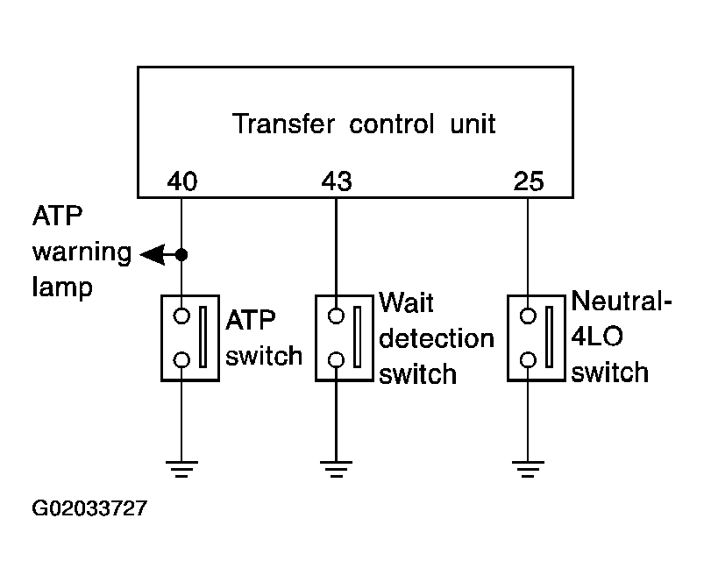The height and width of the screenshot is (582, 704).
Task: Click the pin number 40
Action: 181,181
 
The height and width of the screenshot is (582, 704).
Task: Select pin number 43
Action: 337,181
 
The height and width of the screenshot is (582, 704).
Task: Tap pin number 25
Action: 529,181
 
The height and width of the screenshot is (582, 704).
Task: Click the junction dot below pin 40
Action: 181,254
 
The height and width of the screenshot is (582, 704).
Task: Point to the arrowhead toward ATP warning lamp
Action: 153,254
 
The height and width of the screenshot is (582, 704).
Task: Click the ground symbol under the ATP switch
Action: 181,469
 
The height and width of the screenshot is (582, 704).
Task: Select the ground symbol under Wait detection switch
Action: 337,469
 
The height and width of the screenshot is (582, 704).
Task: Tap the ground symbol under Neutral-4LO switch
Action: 528,469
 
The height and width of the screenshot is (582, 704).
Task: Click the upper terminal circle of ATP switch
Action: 181,316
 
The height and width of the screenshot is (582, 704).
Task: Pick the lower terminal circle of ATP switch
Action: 181,360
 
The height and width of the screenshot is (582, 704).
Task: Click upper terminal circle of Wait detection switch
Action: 336,316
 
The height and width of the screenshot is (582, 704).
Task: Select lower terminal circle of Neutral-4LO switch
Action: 528,360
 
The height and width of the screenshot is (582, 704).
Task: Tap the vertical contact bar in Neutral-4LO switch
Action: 549,337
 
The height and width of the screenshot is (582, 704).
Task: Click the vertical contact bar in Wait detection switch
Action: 358,337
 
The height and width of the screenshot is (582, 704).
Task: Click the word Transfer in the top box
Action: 283,124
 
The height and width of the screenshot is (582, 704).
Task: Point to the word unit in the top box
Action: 473,124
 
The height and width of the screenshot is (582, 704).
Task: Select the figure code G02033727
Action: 89,508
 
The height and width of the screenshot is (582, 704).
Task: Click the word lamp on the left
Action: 62,287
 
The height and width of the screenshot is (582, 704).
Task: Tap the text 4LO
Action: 597,337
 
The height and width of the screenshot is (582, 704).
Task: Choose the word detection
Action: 437,338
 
